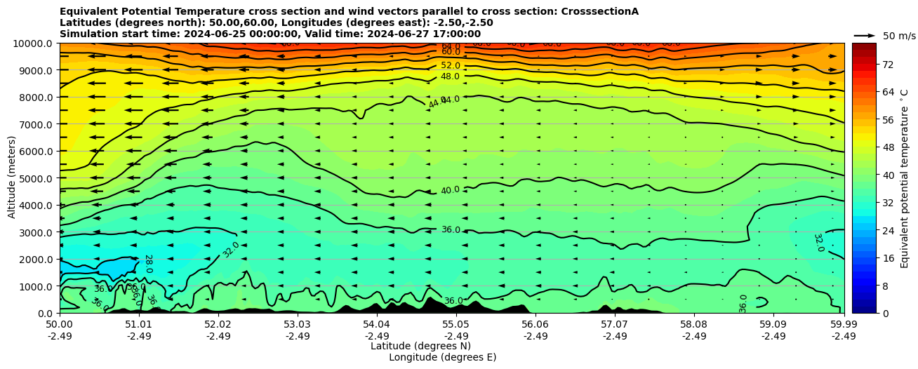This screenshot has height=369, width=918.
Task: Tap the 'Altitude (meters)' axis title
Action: pyautogui.click(x=12, y=178)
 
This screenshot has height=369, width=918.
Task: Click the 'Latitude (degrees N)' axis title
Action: pyautogui.click(x=420, y=346)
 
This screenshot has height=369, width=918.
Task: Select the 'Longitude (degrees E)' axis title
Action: pyautogui.click(x=442, y=357)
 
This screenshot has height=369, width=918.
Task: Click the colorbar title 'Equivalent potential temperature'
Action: pyautogui.click(x=905, y=178)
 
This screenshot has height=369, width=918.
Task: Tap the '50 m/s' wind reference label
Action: pyautogui.click(x=899, y=36)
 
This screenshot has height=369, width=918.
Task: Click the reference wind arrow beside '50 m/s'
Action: pyautogui.click(x=865, y=36)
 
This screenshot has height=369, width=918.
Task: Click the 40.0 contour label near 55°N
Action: pyautogui.click(x=450, y=190)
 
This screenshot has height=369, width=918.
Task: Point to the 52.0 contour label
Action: pyautogui.click(x=451, y=65)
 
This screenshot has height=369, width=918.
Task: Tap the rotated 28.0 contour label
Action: pyautogui.click(x=148, y=263)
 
